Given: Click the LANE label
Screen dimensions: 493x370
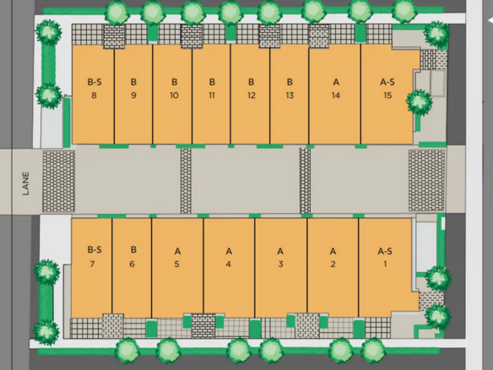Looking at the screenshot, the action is click(26, 183).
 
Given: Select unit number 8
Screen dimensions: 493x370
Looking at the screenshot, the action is click(93, 95).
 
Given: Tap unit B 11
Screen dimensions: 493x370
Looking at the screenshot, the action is click(211, 95).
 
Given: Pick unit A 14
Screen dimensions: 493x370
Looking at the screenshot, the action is click(335, 95).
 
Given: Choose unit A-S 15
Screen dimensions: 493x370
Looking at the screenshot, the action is click(387, 95).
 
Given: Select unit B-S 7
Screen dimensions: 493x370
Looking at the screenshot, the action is click(92, 268).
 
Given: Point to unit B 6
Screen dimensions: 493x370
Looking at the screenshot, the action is click(132, 268).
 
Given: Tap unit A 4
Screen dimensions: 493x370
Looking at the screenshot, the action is click(229, 268).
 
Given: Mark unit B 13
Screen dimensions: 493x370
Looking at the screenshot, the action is click(290, 95).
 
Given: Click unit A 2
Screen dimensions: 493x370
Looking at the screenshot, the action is click(333, 268).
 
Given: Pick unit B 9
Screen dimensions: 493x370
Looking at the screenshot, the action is click(133, 95).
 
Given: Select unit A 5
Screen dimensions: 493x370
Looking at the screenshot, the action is click(177, 268).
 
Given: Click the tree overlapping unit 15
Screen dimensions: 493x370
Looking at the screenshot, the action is click(419, 101).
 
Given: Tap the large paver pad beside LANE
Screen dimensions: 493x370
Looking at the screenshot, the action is click(58, 181).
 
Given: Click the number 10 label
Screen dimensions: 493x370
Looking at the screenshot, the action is click(174, 95).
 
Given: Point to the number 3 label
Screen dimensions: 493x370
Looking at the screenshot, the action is click(280, 264).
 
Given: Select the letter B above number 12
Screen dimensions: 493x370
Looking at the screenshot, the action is click(251, 82).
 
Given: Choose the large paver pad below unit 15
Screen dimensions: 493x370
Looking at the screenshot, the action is click(426, 180).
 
